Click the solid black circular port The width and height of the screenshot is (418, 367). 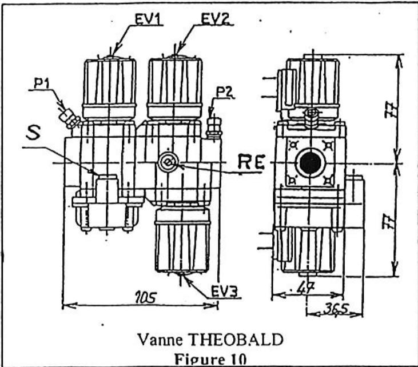tap(309, 164)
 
